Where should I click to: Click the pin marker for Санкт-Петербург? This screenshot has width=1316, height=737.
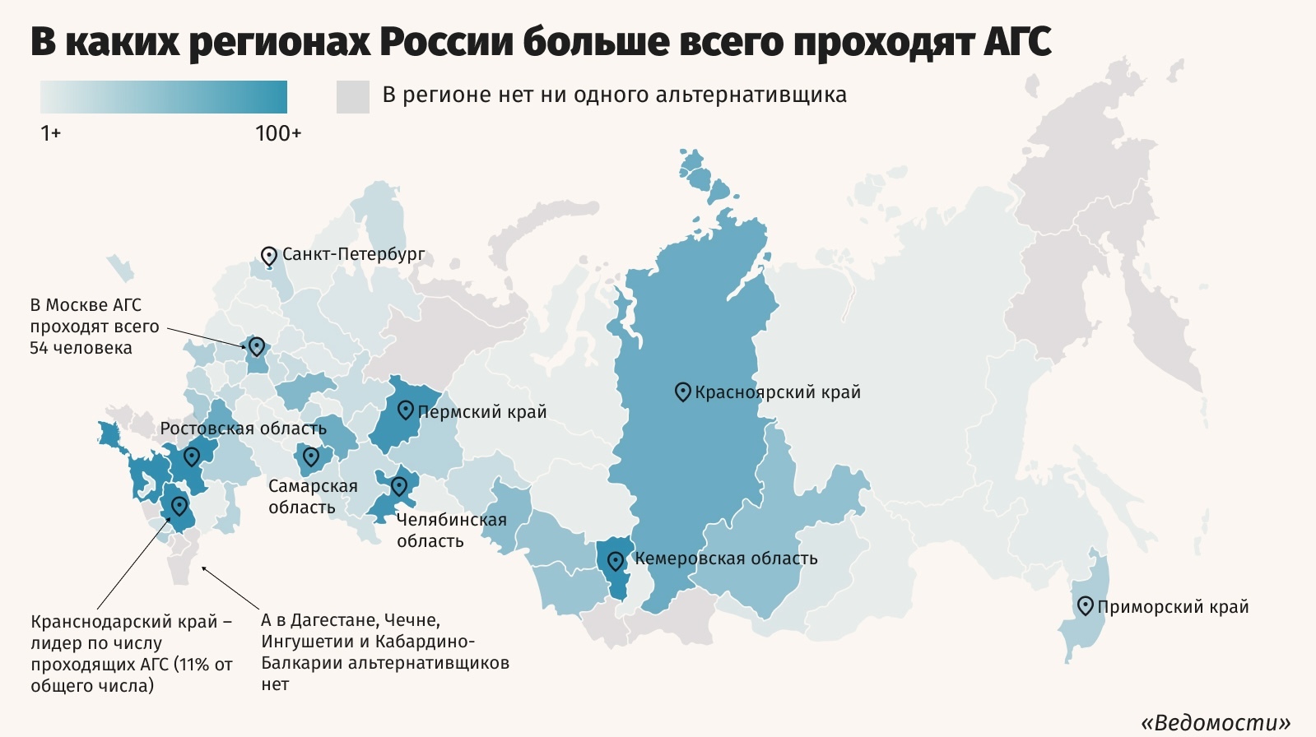pos(268,256)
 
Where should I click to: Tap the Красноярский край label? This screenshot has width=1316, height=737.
pos(778,392)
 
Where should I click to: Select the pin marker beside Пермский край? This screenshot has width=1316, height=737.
pos(405,410)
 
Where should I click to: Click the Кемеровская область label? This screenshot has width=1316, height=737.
pos(726,559)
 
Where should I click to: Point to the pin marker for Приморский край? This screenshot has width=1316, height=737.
pos(1086,606)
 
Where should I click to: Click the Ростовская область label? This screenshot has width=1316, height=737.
pos(243,429)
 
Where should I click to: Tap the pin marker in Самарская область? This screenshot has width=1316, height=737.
pos(310,457)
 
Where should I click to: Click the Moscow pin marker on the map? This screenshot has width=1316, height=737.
pos(256,346)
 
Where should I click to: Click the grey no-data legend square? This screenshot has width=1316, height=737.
pos(352,96)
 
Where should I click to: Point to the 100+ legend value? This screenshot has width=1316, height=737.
pos(278,133)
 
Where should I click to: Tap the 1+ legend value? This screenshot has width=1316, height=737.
pos(50,133)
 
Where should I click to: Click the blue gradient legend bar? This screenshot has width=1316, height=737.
pos(164,96)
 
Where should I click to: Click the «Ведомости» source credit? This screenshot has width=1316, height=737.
pos(1215,722)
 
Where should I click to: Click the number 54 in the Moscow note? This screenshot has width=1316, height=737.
pos(39,348)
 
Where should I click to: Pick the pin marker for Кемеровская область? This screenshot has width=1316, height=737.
pos(615,562)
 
